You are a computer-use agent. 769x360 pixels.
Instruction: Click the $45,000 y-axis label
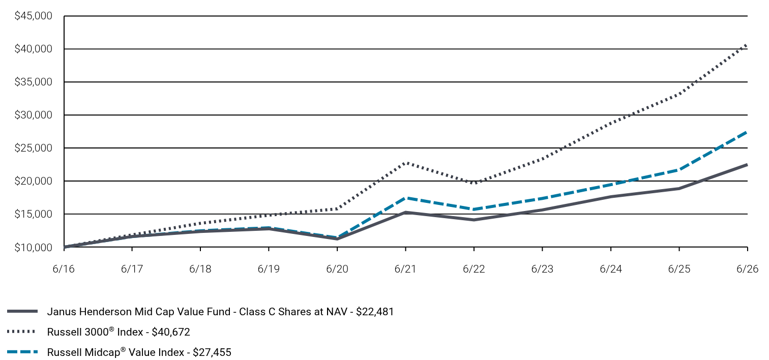click(x=33, y=16)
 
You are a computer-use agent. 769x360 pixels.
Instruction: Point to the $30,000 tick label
click(x=33, y=115)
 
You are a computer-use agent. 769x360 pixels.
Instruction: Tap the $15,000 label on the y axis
click(x=33, y=214)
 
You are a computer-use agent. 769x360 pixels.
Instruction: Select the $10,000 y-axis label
click(x=33, y=247)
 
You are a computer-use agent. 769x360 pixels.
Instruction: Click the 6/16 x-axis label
click(x=64, y=268)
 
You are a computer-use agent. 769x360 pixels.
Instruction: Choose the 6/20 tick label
click(x=337, y=268)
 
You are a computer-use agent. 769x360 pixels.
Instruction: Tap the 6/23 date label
click(x=542, y=268)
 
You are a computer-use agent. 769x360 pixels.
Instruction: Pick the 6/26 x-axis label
click(x=747, y=268)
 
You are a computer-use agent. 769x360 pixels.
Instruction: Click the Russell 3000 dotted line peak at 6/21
click(x=406, y=163)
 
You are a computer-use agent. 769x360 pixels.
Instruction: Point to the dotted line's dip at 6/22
click(x=474, y=183)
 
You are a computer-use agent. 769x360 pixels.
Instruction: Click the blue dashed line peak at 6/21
click(x=406, y=198)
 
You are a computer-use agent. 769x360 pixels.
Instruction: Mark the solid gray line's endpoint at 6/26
click(x=747, y=165)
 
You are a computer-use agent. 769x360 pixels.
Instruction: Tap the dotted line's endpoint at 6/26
click(x=747, y=45)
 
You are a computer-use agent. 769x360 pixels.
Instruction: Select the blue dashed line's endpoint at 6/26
click(x=747, y=132)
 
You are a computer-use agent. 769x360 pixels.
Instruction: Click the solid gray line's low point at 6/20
click(x=337, y=239)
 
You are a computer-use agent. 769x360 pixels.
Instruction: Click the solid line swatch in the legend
click(x=22, y=311)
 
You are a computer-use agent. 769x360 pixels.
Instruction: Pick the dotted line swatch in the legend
click(x=21, y=332)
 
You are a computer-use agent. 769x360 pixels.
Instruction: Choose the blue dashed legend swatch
click(x=22, y=352)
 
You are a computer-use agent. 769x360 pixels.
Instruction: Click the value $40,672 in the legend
click(x=170, y=332)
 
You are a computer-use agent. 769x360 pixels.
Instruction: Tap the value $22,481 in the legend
click(x=375, y=312)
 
